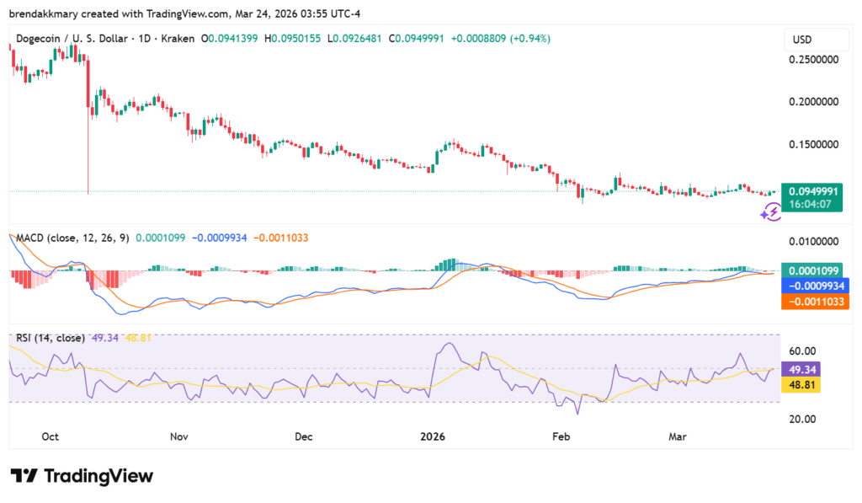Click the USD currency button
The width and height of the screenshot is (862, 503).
(x=804, y=40)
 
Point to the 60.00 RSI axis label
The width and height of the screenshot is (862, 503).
(x=803, y=351)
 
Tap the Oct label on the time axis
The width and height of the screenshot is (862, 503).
(x=50, y=437)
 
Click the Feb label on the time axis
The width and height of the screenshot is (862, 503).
(x=561, y=437)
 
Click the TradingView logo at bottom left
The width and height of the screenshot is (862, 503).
(x=82, y=476)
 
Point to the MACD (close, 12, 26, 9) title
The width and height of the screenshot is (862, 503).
(x=72, y=238)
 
